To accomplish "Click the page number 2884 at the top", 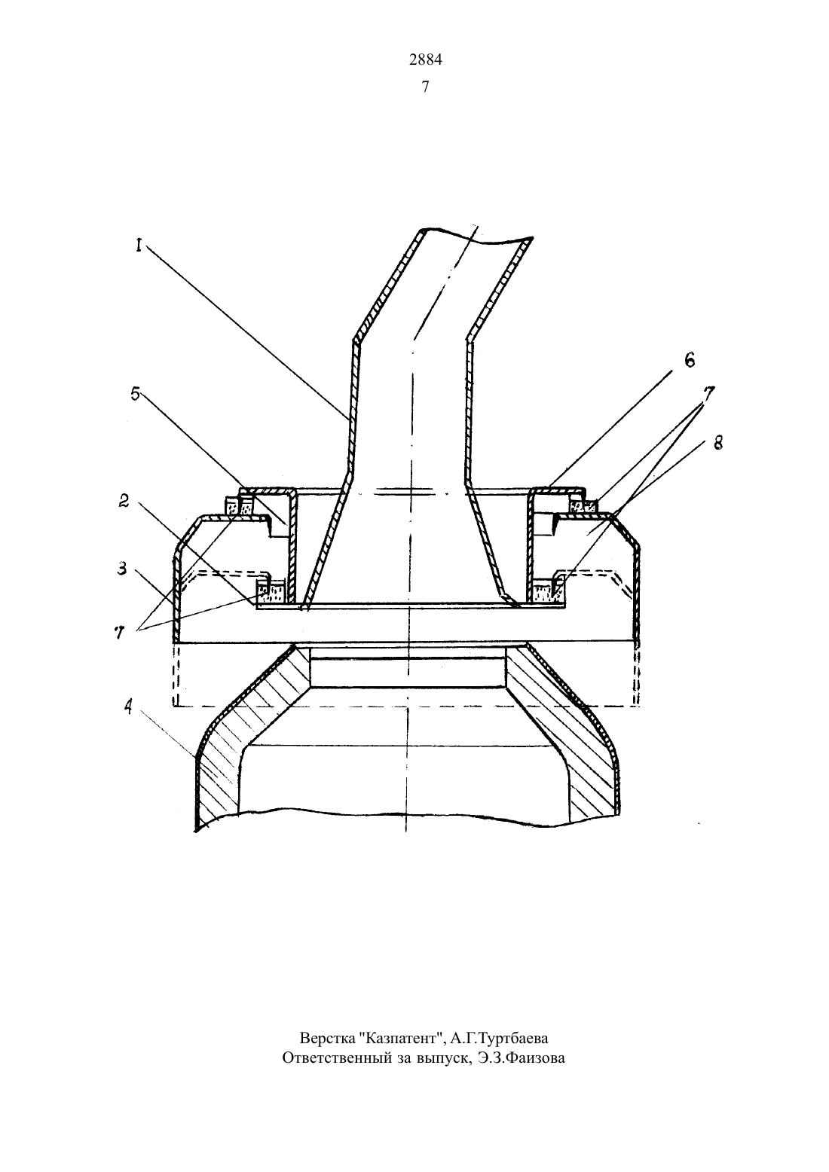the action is tap(425, 60).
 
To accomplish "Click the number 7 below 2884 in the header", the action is tap(425, 87).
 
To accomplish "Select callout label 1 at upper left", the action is tap(139, 246).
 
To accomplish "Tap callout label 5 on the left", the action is tap(136, 393).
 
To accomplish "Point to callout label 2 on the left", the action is tap(124, 501).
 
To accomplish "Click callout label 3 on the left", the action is tap(121, 568).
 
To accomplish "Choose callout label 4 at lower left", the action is tap(128, 708).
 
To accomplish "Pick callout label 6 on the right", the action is tap(690, 360).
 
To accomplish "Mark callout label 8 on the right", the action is tap(718, 444).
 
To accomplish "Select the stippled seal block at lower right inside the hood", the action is tap(548, 593).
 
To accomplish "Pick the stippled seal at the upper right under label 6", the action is tap(583, 506).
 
